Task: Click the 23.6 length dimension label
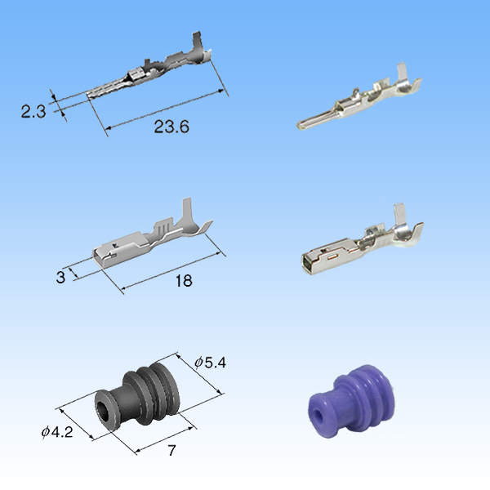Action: pyautogui.click(x=171, y=127)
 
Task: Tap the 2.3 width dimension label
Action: pyautogui.click(x=33, y=111)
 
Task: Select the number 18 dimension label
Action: pyautogui.click(x=184, y=280)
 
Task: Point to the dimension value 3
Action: pyautogui.click(x=60, y=277)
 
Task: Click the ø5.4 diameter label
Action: pyautogui.click(x=210, y=363)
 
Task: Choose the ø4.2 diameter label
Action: pyautogui.click(x=57, y=432)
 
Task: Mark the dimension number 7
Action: pyautogui.click(x=171, y=450)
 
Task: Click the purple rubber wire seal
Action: pyautogui.click(x=351, y=400)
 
